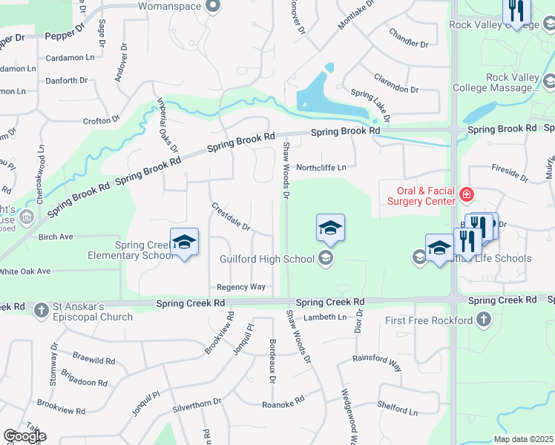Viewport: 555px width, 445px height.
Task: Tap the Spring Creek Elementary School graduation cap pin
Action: tap(184, 243)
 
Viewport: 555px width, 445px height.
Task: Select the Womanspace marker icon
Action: tap(214, 6)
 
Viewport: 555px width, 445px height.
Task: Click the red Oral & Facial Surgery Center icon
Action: tap(467, 195)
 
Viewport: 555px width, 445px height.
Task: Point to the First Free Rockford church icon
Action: tap(484, 320)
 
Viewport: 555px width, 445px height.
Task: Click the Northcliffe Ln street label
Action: tap(321, 168)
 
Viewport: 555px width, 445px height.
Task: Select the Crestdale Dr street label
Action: tap(231, 216)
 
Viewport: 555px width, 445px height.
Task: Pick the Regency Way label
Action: tap(241, 287)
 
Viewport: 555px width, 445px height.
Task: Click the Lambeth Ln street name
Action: tap(326, 317)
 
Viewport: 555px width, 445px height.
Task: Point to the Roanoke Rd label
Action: tap(283, 403)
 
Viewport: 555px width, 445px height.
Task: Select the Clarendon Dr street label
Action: tap(395, 85)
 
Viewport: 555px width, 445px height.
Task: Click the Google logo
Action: tap(24, 436)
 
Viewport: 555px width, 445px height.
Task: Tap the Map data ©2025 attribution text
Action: tap(523, 439)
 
